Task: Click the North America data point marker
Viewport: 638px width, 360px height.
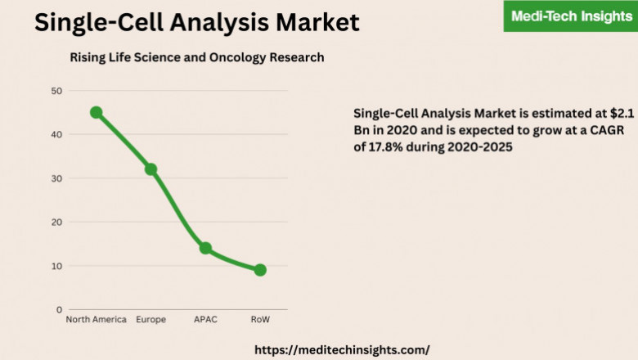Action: [x=96, y=112]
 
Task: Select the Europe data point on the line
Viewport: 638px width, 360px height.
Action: [x=151, y=169]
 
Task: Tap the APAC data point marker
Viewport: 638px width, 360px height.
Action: [x=205, y=248]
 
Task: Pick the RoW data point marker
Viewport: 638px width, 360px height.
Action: [x=260, y=270]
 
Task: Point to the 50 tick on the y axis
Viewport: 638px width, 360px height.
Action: [x=56, y=91]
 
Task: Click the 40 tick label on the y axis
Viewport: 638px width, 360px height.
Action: [x=56, y=134]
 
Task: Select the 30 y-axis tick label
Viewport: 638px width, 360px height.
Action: [x=56, y=178]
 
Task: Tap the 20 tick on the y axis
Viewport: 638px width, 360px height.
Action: [x=56, y=222]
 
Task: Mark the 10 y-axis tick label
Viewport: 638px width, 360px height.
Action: [x=56, y=266]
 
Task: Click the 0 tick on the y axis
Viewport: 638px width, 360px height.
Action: [x=59, y=310]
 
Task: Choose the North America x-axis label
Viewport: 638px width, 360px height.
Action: [x=96, y=320]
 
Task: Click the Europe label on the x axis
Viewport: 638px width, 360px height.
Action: [x=151, y=320]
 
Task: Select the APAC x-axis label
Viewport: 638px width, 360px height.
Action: [x=205, y=320]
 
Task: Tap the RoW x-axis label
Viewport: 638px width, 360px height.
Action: [x=260, y=320]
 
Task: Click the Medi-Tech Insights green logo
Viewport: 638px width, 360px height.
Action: [x=570, y=16]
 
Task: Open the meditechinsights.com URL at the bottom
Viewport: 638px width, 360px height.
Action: [x=342, y=349]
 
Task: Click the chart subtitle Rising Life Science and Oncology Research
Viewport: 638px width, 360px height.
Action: [x=196, y=57]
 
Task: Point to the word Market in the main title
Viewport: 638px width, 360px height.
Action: [x=311, y=22]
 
